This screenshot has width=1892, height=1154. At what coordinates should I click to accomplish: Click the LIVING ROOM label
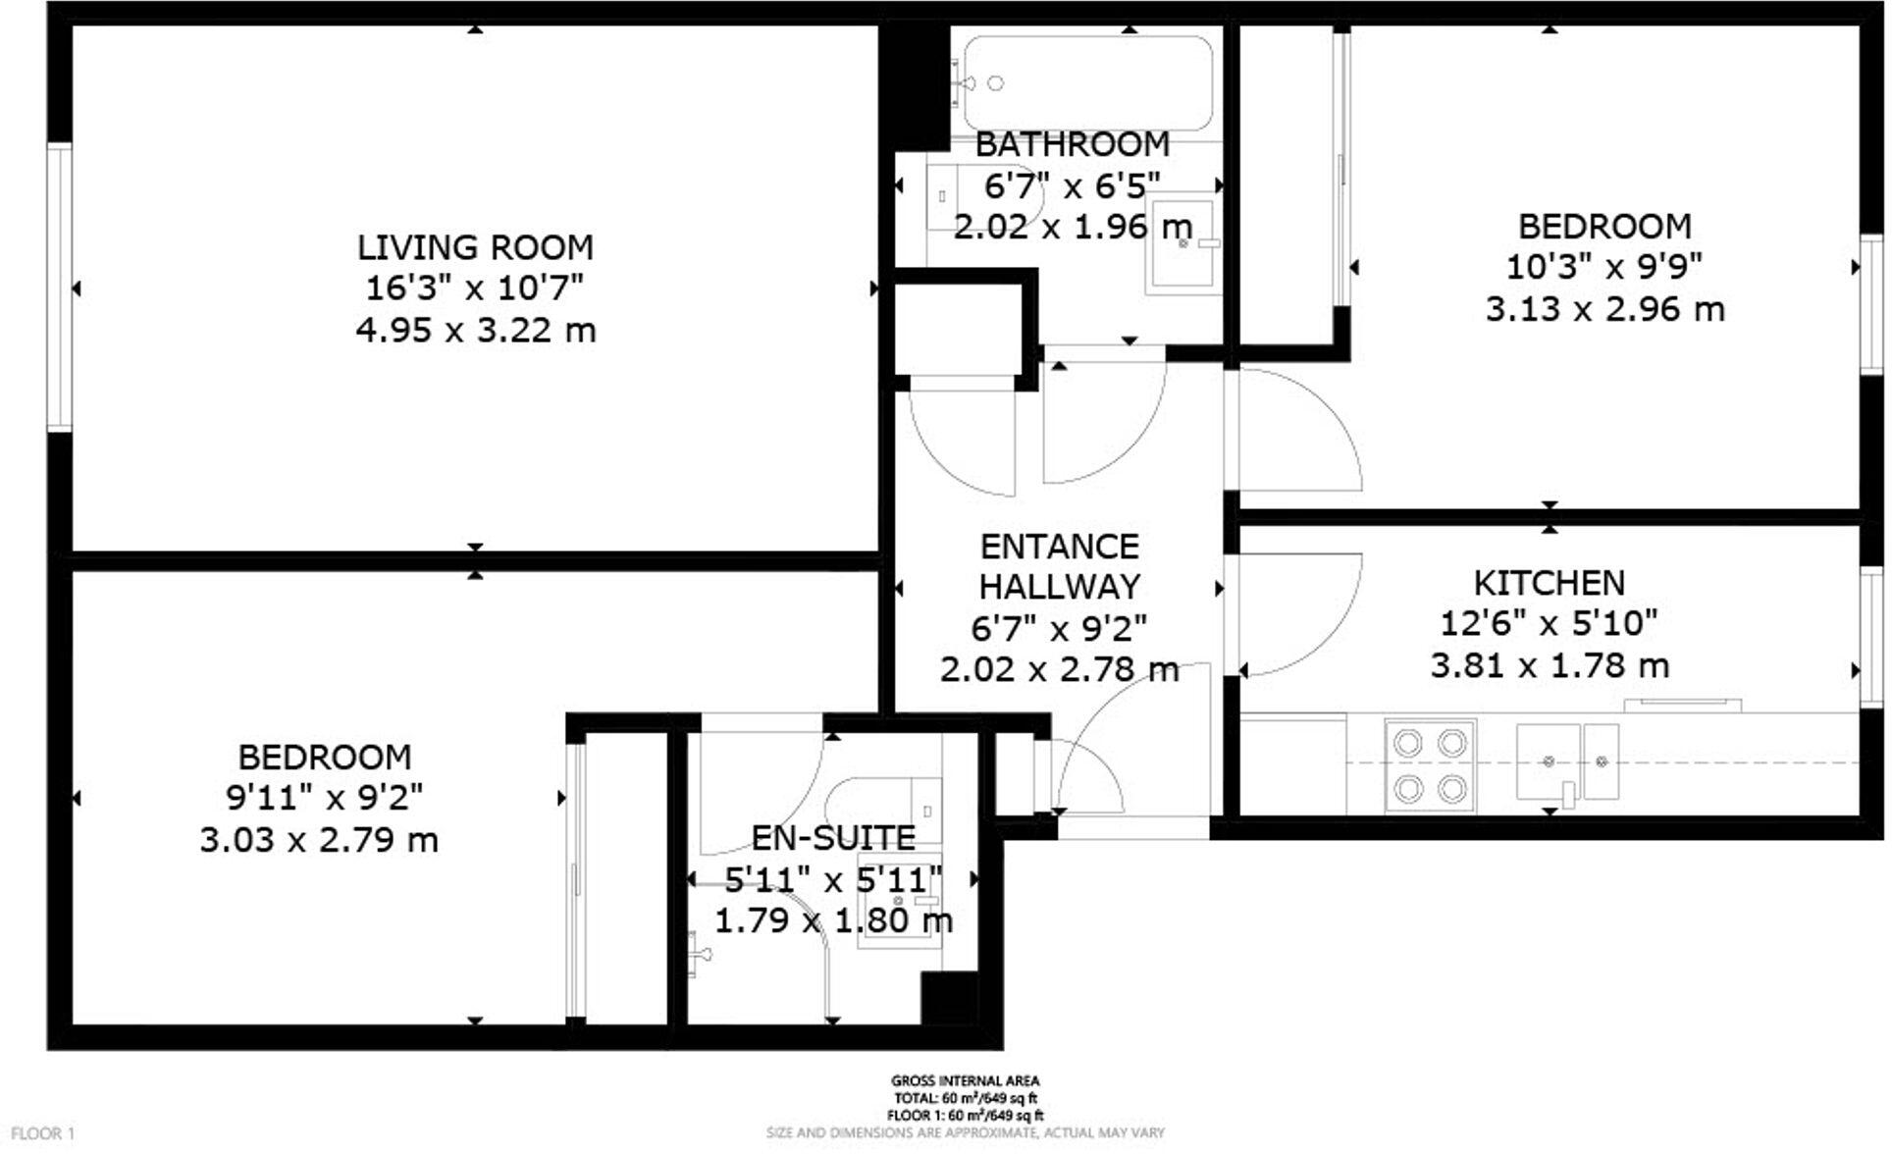476,247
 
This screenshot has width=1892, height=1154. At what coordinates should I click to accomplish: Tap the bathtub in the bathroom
1087,83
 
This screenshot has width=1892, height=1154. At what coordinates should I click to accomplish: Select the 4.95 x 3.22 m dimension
476,331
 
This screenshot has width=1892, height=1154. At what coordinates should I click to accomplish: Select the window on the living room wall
61,288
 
